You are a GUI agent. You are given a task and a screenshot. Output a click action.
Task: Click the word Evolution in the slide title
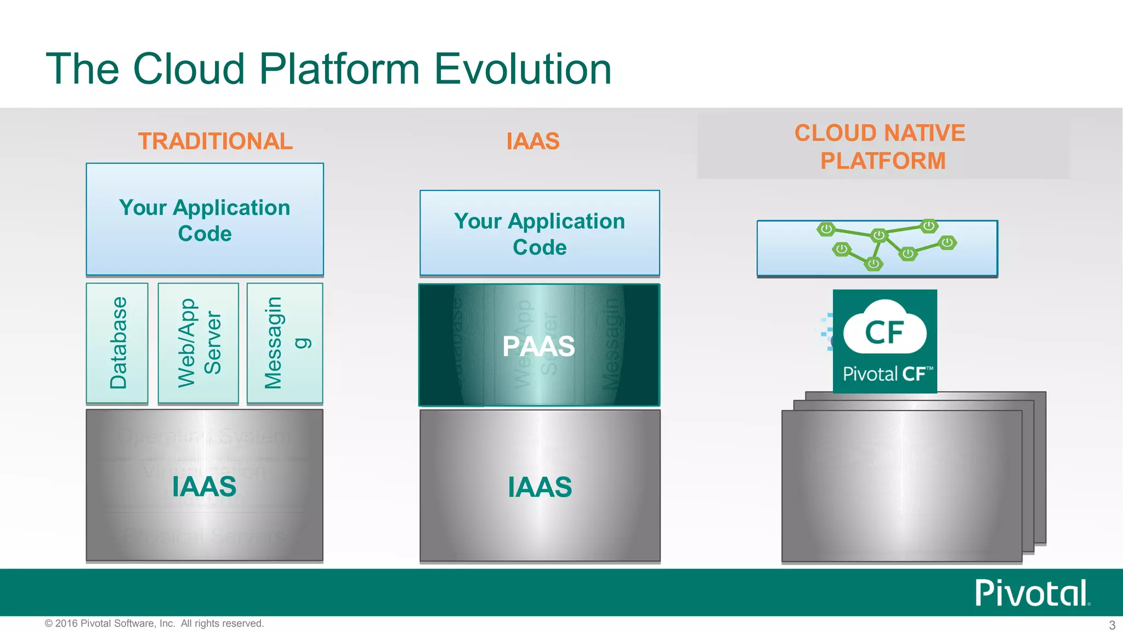coord(523,69)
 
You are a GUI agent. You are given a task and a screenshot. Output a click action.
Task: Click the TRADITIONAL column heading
coord(215,141)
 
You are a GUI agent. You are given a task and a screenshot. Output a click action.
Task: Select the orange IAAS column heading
coord(532,141)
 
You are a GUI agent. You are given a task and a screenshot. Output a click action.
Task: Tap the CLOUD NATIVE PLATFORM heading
coord(880,146)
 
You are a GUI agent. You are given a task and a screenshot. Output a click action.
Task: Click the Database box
coord(117,343)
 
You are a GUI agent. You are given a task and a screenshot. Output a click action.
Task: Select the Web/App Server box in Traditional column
coord(198,343)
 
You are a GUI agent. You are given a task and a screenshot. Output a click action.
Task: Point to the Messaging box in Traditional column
coord(285,343)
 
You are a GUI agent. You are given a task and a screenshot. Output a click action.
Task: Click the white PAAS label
coord(538,346)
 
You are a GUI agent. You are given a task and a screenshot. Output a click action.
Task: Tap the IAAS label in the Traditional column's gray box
coord(204,487)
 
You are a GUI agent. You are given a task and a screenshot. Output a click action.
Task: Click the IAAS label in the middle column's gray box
coord(540,487)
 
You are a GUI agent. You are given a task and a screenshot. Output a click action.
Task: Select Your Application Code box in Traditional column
coord(205,219)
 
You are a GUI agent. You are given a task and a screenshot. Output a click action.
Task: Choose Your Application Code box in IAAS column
coord(540,234)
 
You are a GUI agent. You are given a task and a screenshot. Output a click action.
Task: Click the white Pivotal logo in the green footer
coord(1031,593)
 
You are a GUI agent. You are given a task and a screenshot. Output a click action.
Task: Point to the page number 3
coord(1112,625)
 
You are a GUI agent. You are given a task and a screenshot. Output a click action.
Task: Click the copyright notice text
coord(154,623)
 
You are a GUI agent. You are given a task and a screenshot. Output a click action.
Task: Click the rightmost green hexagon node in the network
coord(947,242)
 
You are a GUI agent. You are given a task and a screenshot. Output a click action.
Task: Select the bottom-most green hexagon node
coord(873,264)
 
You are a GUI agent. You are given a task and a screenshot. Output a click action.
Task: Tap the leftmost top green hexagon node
coord(826,229)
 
